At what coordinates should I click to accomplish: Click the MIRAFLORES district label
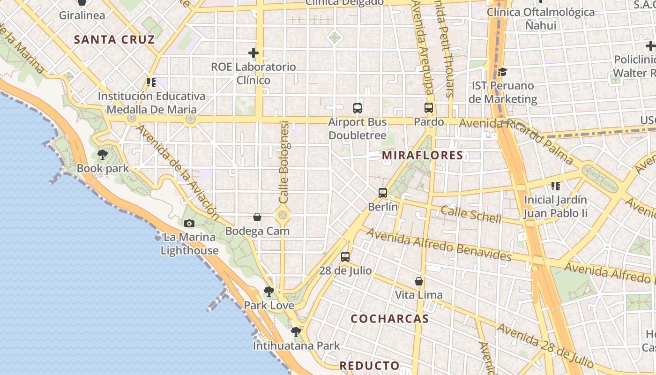tap(422, 155)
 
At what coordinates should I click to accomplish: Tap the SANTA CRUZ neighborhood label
tap(114, 39)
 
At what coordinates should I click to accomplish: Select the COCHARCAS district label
tap(389, 319)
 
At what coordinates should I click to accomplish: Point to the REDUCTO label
tap(369, 366)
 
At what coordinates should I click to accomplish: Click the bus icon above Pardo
tap(429, 108)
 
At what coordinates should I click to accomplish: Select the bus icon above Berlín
tap(383, 193)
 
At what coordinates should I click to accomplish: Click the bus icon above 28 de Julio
tap(345, 256)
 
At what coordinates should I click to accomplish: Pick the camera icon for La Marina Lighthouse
tap(189, 223)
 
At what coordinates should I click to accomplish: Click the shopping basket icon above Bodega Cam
tap(257, 217)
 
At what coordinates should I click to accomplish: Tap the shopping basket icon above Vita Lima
tap(419, 281)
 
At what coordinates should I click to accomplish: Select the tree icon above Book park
tap(103, 154)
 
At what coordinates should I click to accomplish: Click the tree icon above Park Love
tap(269, 292)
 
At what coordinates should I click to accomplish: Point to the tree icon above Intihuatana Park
tap(296, 332)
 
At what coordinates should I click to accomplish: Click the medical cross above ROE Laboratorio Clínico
tap(253, 53)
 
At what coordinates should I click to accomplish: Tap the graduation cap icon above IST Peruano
tap(503, 72)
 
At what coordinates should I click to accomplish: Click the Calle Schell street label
tap(471, 215)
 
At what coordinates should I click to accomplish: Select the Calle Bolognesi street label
tap(284, 162)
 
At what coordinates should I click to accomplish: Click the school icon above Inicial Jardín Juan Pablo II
tap(556, 186)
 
